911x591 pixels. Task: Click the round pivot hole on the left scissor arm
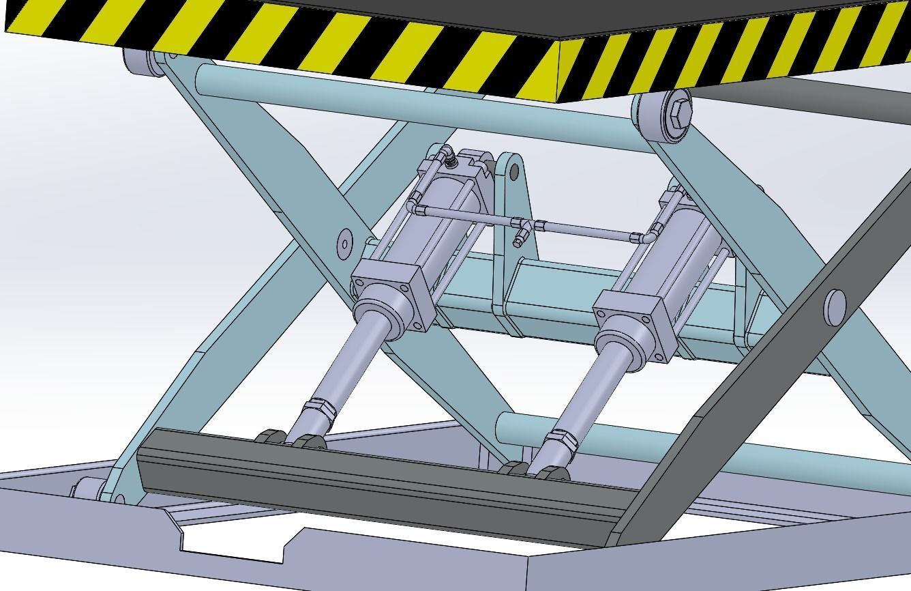click(344, 242)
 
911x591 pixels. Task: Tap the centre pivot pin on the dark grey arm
click(834, 306)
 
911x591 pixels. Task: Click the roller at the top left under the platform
click(136, 63)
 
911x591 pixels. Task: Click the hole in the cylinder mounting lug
click(513, 171)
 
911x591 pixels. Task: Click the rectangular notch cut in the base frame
click(232, 543)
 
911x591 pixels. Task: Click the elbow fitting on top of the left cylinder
click(446, 158)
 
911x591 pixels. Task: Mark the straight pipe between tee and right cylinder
click(586, 230)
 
